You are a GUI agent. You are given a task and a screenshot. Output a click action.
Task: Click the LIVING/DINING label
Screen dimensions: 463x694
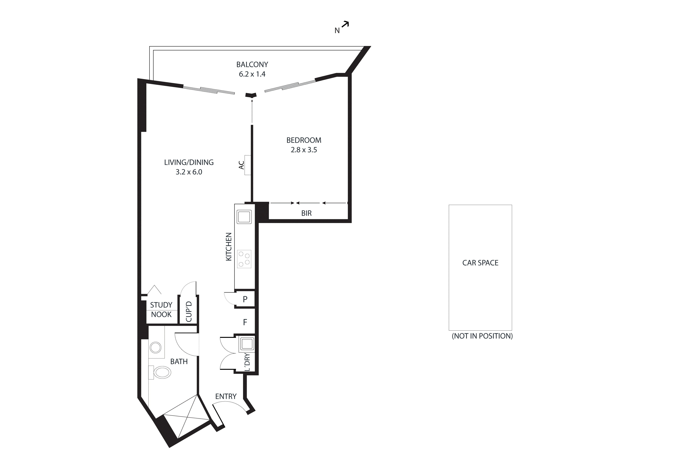coord(189,162)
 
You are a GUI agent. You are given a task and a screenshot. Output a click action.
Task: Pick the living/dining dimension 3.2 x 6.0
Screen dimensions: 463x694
coord(189,172)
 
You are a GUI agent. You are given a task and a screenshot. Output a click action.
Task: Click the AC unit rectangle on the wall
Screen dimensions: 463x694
coord(248,165)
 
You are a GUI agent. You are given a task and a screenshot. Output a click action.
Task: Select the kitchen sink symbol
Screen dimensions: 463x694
coord(244,217)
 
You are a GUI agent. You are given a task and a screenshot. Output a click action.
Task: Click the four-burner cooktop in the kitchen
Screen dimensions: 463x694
coord(244,259)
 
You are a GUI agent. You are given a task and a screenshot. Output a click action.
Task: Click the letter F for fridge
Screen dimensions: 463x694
coord(245,322)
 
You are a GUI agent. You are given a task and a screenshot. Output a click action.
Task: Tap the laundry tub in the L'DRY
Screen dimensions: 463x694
coord(247,344)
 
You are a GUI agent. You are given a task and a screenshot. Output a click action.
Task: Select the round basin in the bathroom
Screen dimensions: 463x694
coord(155,348)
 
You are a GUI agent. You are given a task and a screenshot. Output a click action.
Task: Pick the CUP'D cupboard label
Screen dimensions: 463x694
coord(189,311)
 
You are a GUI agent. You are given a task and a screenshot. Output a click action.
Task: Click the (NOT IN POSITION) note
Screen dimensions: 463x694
coord(482,336)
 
